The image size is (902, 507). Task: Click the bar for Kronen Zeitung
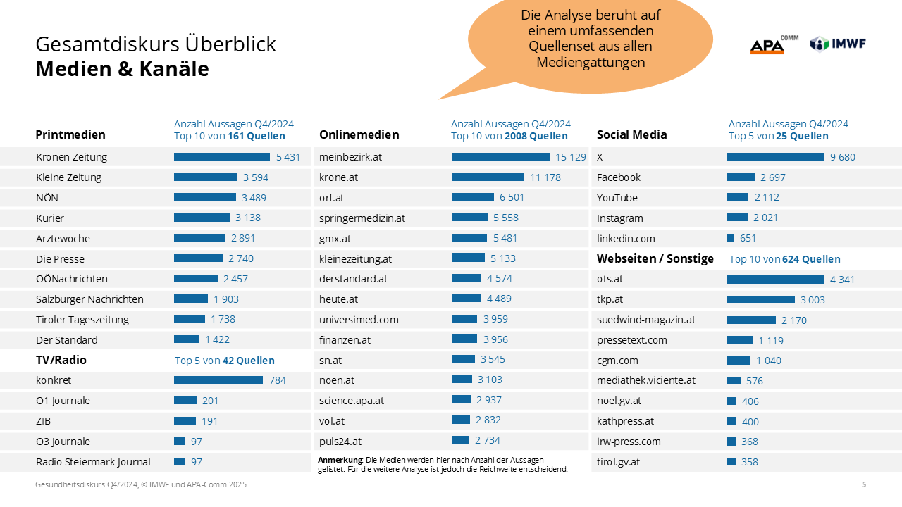tap(221, 157)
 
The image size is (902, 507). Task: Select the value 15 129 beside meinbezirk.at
tap(571, 157)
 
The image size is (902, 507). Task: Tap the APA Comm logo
tap(773, 45)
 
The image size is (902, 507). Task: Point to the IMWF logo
tap(838, 44)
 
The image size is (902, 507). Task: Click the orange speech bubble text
tap(591, 39)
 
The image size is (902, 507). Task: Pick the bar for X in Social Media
tap(775, 157)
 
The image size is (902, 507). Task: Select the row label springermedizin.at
tap(362, 218)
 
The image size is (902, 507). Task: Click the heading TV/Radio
tap(61, 360)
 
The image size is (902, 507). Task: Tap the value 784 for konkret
tap(278, 380)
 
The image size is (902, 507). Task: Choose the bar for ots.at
tap(775, 280)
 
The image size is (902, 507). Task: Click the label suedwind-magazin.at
tap(646, 320)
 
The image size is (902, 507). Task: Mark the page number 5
tap(864, 484)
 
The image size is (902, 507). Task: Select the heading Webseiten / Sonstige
tap(655, 258)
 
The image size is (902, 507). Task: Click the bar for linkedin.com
tap(731, 239)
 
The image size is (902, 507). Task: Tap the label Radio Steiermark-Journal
tap(93, 462)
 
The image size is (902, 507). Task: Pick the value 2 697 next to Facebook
tap(773, 177)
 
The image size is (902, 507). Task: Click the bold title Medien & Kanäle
tap(122, 69)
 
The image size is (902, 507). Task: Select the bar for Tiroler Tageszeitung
tap(190, 320)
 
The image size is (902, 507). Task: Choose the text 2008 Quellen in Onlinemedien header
tap(536, 136)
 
